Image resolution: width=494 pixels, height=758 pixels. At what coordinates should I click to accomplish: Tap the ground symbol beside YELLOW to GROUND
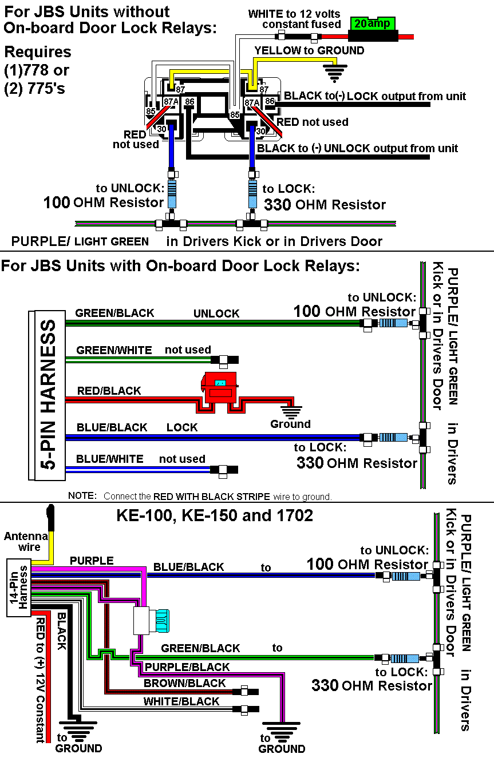(x=335, y=72)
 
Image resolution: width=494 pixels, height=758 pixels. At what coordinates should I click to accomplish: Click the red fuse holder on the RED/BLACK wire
(x=220, y=388)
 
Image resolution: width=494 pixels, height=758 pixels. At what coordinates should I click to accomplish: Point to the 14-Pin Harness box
(x=18, y=589)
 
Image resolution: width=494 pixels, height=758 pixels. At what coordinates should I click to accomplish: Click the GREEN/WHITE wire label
(x=114, y=350)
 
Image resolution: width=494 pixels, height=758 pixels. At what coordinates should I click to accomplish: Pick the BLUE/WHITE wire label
(x=109, y=459)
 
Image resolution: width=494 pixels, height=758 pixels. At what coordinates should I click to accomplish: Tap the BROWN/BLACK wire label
(x=184, y=683)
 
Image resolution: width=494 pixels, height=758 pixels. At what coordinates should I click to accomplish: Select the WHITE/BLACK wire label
(x=181, y=701)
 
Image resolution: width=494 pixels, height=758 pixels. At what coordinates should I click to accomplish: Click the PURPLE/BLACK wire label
(x=187, y=667)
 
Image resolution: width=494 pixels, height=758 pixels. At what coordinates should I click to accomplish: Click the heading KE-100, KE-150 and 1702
(x=215, y=515)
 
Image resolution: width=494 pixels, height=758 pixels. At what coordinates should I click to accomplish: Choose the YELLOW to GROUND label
(x=309, y=50)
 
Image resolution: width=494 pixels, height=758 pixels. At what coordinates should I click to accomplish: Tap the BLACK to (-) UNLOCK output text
(x=358, y=149)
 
